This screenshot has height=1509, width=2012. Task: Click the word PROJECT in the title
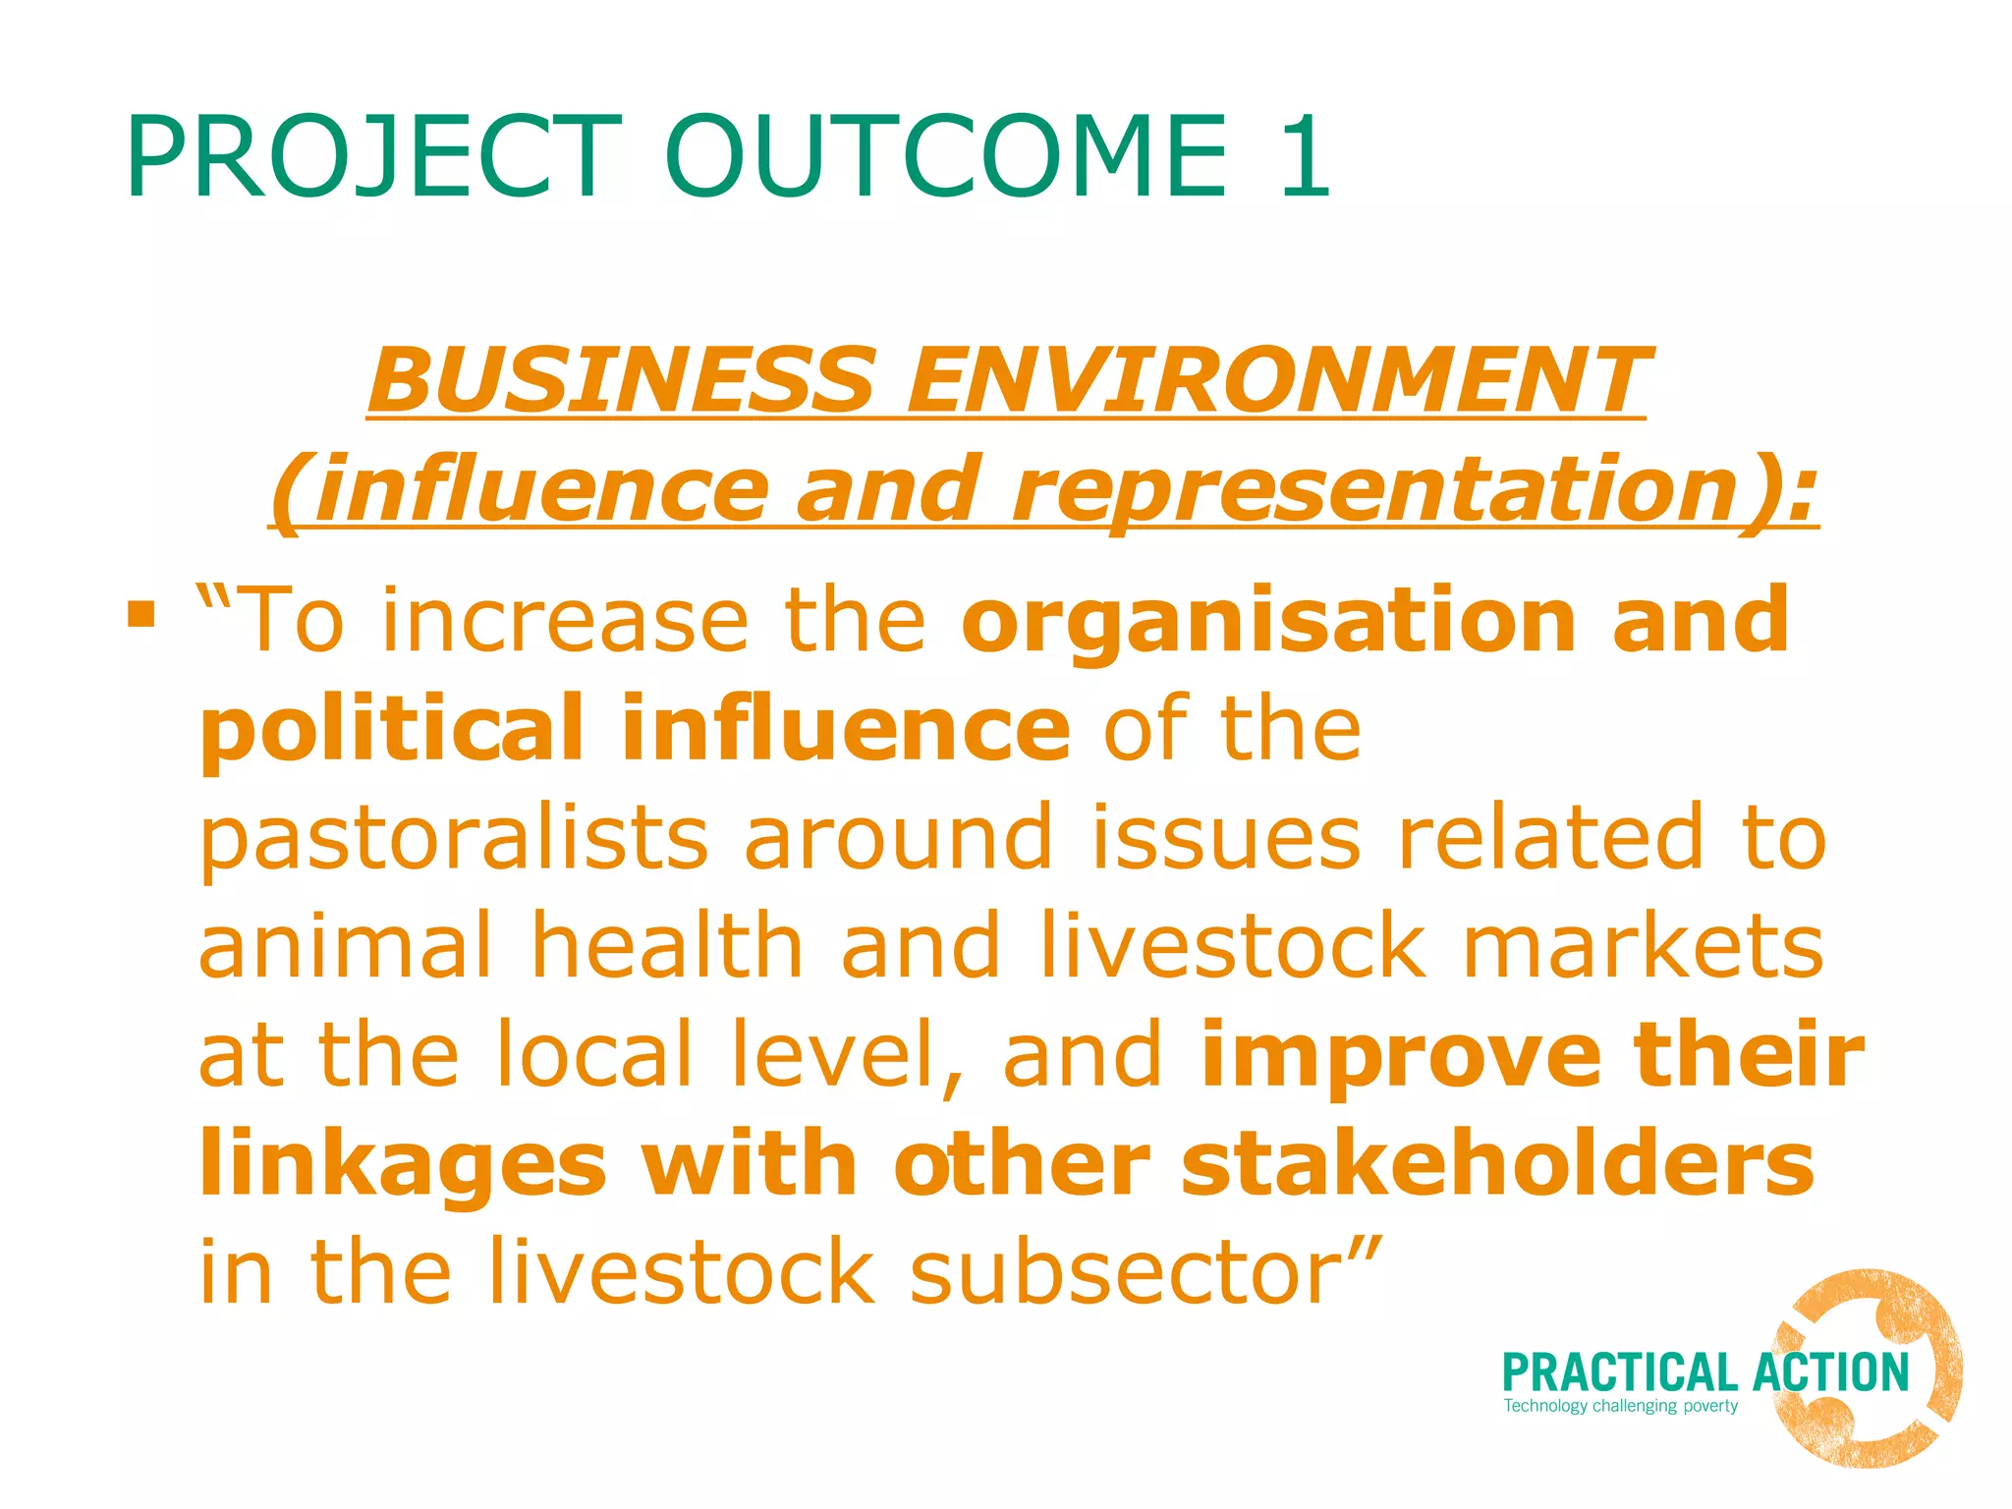click(x=373, y=157)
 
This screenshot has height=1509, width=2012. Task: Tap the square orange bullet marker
click(x=141, y=615)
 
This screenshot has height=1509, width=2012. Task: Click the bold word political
click(x=393, y=729)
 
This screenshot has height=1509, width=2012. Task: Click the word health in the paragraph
click(x=668, y=945)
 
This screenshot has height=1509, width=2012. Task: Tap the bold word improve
click(x=1401, y=1055)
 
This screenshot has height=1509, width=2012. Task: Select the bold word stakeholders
click(x=1497, y=1163)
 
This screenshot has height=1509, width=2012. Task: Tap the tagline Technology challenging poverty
click(x=1621, y=1406)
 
